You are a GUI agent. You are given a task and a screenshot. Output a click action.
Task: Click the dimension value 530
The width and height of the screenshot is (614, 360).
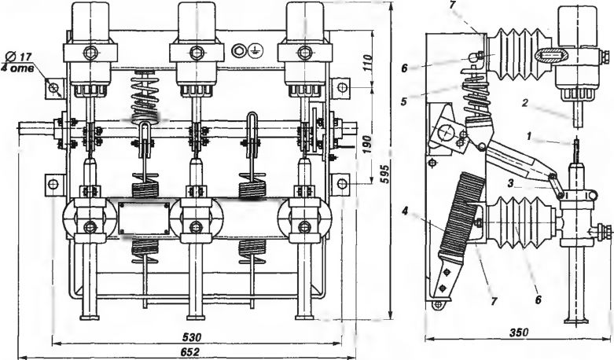[192, 337]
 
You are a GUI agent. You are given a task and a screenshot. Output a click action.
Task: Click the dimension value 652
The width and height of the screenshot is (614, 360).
[191, 351]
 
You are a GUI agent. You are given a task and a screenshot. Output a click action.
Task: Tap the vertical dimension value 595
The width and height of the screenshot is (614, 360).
[384, 174]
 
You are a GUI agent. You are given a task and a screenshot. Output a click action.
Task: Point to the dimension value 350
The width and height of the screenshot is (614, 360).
[518, 332]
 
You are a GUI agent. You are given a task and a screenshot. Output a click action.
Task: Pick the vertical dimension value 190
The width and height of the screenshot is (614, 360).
[366, 145]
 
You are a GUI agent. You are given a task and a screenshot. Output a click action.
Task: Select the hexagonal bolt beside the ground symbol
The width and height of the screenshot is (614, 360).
[238, 50]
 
